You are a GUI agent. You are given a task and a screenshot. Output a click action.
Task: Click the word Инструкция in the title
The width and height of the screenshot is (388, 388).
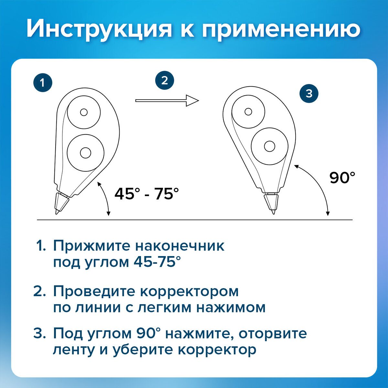coord(99,28)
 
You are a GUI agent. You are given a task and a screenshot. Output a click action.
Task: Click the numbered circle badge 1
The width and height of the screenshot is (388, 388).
coord(43,83)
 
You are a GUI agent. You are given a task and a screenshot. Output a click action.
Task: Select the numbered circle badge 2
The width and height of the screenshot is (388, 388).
coord(165,81)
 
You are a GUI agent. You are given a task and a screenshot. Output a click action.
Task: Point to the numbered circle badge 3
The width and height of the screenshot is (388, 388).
coord(309,93)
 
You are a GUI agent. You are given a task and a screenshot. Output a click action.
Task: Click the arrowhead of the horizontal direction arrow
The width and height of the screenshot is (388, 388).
coord(192,101)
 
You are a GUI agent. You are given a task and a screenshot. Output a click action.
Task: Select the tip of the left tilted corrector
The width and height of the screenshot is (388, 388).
coord(56,213)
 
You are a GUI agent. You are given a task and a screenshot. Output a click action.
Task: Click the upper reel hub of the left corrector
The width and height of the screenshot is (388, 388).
coord(84,112)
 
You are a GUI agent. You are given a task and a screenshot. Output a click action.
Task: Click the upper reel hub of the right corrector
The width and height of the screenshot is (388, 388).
coord(248,112)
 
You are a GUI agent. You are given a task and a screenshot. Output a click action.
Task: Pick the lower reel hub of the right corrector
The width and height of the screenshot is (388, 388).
coord(270,146)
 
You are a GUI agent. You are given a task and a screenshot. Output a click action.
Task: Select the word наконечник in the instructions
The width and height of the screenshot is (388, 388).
coord(180,246)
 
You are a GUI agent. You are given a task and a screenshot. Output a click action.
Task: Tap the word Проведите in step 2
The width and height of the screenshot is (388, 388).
coord(94,292)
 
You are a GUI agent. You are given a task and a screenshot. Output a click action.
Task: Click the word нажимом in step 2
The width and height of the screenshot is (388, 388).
coord(231,308)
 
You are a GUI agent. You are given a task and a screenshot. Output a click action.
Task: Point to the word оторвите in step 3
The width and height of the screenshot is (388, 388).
coord(273,333)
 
